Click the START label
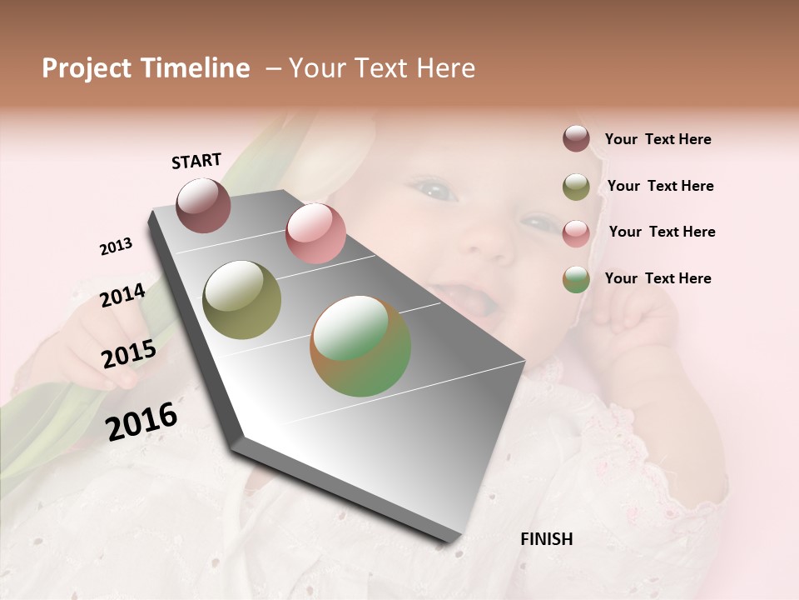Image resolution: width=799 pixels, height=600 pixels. pyautogui.click(x=196, y=161)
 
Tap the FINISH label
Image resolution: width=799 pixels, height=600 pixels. pyautogui.click(x=546, y=539)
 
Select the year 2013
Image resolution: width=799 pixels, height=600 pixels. pyautogui.click(x=116, y=247)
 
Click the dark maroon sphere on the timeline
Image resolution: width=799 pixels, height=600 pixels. pyautogui.click(x=203, y=205)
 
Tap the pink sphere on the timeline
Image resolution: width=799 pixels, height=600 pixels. pyautogui.click(x=315, y=233)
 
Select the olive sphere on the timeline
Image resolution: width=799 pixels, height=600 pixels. pyautogui.click(x=241, y=300)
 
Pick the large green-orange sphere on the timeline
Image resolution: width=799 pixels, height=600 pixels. pyautogui.click(x=360, y=346)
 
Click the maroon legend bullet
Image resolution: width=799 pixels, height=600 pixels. pyautogui.click(x=576, y=139)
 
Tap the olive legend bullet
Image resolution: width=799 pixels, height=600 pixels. pyautogui.click(x=576, y=186)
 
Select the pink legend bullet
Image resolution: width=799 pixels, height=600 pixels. pyautogui.click(x=576, y=232)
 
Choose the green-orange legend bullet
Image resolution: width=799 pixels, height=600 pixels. pyautogui.click(x=576, y=279)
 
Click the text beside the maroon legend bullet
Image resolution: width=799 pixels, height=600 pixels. pyautogui.click(x=658, y=139)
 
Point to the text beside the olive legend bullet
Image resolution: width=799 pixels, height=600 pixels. pyautogui.click(x=660, y=186)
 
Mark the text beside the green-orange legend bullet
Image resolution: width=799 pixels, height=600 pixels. pyautogui.click(x=658, y=278)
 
